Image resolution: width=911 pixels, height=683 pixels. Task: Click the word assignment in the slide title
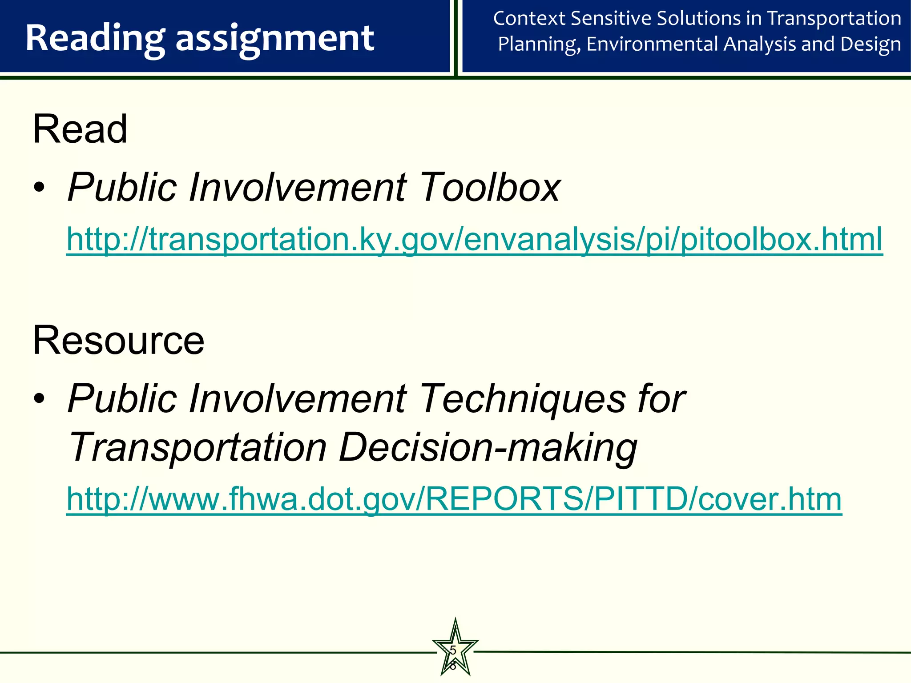tap(274, 39)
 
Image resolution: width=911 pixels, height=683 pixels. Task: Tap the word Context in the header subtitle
tap(529, 19)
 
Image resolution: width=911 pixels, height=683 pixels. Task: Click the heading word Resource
tap(118, 340)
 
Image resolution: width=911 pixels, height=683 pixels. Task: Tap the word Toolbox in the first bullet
tap(489, 188)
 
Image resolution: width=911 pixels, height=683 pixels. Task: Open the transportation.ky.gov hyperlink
tap(474, 239)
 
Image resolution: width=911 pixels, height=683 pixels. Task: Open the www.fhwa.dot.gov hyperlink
tap(454, 499)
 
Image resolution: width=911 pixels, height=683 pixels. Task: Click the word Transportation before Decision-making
tap(198, 447)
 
